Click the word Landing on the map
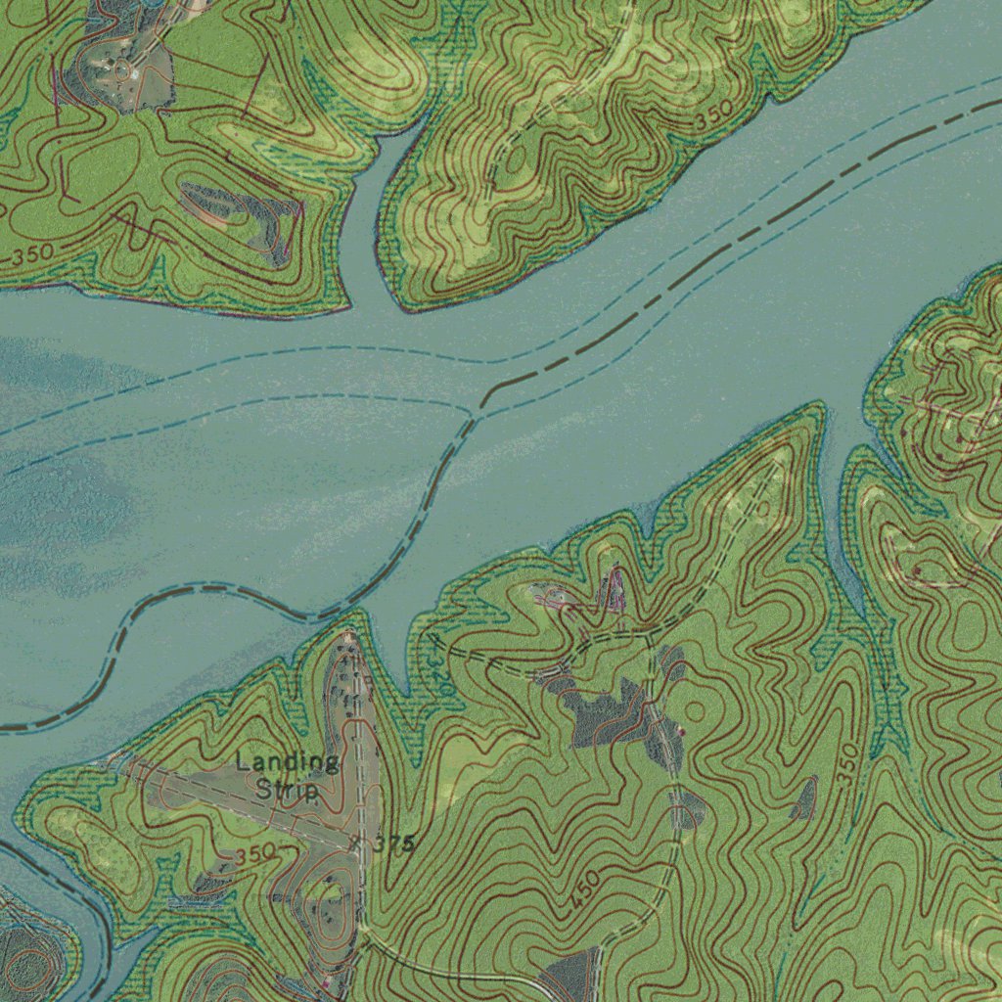coord(288,762)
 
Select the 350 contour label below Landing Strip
coord(254,854)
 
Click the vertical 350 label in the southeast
coord(847,762)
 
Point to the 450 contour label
coord(584,892)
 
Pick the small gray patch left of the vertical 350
coord(804,798)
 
